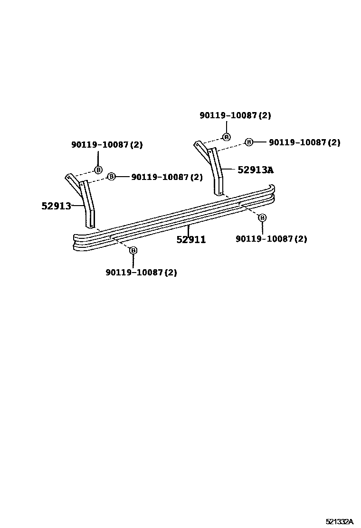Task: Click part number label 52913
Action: point(56,206)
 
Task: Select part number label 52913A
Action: point(256,170)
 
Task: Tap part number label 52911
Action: point(191,240)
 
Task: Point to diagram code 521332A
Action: point(339,521)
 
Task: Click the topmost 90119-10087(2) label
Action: point(235,115)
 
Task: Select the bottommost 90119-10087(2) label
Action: point(141,273)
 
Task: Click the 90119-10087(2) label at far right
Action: point(304,142)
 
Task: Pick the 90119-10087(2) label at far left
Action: point(107,145)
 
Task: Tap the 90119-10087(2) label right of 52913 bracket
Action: point(167,177)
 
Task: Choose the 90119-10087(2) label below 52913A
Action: point(271,239)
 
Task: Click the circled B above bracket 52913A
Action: point(227,137)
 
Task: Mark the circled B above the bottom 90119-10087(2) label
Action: point(133,250)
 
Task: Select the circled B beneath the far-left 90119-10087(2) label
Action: point(98,170)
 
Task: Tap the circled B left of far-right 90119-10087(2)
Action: point(249,142)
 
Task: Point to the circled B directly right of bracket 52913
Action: point(111,177)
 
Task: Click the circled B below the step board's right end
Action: point(262,217)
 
